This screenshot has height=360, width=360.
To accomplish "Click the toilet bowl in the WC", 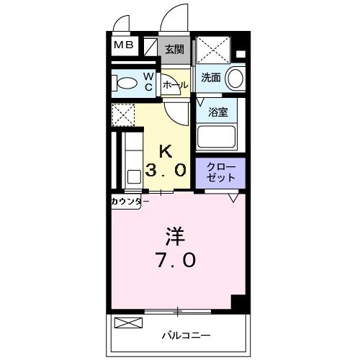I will pyautogui.click(x=126, y=84).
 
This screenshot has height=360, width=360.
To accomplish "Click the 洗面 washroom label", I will pyautogui.click(x=210, y=78).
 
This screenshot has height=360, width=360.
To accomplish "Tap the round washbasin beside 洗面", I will pyautogui.click(x=235, y=78).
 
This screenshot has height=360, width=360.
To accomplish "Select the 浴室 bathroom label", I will pyautogui.click(x=218, y=112).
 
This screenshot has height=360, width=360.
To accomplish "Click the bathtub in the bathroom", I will pyautogui.click(x=217, y=138).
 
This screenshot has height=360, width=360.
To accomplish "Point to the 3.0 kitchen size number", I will pyautogui.click(x=166, y=171).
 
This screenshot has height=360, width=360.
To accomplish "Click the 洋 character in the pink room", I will pyautogui.click(x=175, y=236).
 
